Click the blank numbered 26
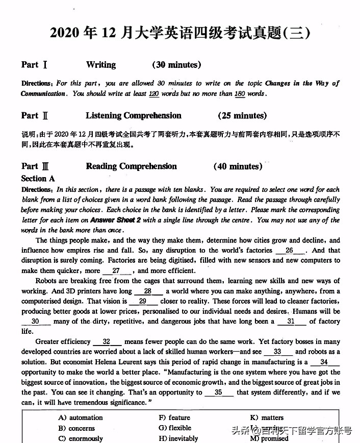[290, 251]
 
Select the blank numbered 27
[117, 271]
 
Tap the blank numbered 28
[148, 291]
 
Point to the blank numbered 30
[36, 322]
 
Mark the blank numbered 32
[107, 342]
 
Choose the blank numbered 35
[219, 392]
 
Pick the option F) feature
[174, 418]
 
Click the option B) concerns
[76, 429]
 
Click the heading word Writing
[101, 65]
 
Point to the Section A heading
[38, 179]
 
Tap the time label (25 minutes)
[242, 116]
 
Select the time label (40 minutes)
[238, 166]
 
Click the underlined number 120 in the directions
[153, 94]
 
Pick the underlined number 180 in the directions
[240, 94]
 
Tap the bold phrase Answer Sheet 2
[116, 220]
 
